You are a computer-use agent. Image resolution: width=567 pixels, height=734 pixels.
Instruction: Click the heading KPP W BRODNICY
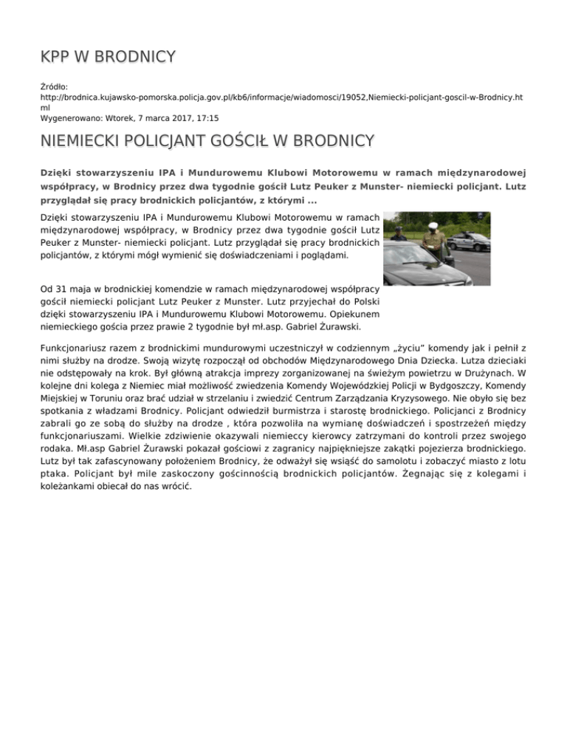tap(108, 56)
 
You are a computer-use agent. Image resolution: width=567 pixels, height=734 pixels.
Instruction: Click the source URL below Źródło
tap(270, 97)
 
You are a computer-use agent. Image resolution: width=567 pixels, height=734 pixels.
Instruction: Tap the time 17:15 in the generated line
tap(206, 117)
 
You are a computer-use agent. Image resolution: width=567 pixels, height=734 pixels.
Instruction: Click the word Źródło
tap(53, 86)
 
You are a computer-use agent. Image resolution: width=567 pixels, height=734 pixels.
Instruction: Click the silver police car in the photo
tap(470, 241)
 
